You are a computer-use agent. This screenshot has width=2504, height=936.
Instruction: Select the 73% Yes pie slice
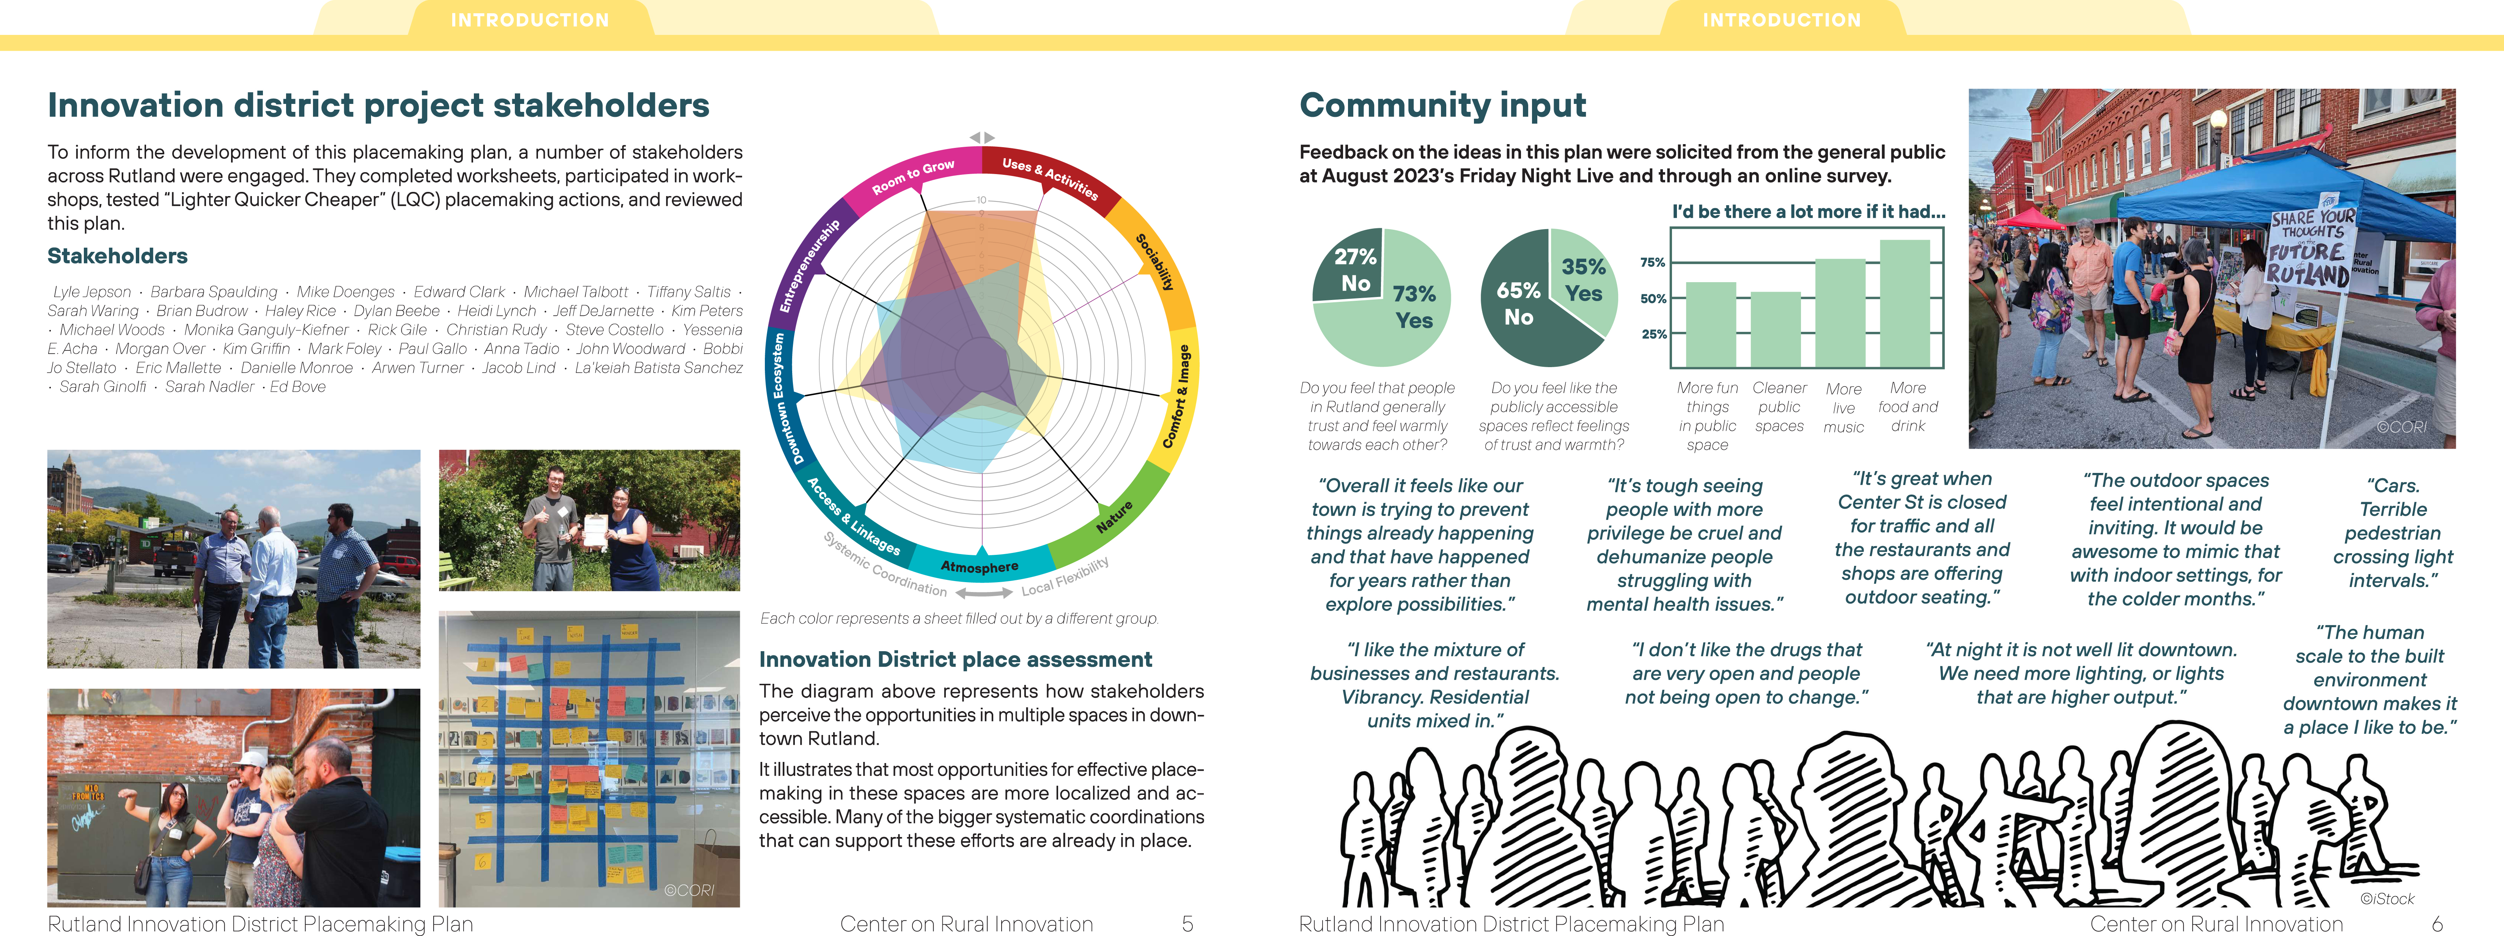coord(1400,321)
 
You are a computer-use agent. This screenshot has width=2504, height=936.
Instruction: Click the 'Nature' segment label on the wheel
coord(1114,516)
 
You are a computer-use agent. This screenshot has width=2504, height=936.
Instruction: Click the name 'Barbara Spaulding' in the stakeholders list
coord(213,292)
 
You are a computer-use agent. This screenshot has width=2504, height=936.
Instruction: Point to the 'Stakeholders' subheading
coord(118,256)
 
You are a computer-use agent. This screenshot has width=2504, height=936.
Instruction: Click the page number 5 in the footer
coord(1187,923)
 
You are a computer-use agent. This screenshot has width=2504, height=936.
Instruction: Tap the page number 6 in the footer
coord(2437,923)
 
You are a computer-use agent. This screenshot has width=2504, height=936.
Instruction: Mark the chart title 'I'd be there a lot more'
coord(1808,211)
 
